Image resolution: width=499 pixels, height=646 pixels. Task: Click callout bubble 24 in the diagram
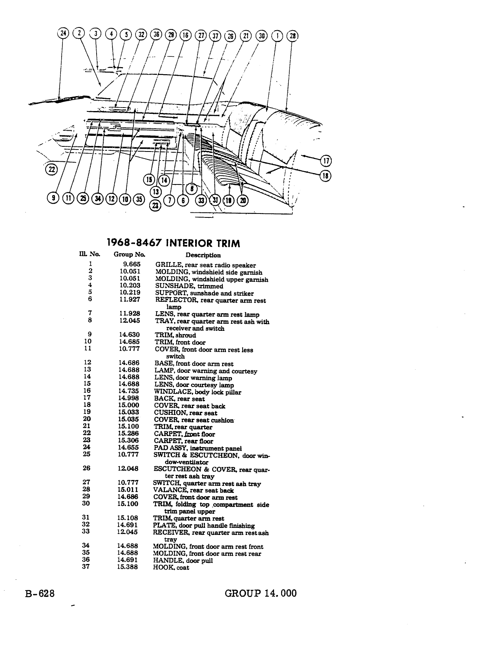pos(63,33)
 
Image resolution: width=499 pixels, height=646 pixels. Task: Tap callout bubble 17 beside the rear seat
pos(326,161)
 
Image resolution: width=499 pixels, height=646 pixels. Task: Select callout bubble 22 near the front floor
pos(51,170)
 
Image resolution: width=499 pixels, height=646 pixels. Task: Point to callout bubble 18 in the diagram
pos(325,176)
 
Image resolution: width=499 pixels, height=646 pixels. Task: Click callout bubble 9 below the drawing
pos(53,198)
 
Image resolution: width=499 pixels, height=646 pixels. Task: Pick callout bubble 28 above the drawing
pos(292,36)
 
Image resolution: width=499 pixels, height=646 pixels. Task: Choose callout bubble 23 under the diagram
pos(155,205)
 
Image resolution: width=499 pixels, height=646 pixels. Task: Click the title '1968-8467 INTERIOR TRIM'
pos(174,243)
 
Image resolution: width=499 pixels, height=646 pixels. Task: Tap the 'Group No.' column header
pos(129,254)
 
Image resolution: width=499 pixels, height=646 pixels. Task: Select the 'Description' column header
pos(203,255)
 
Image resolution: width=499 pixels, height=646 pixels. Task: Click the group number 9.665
pos(132,264)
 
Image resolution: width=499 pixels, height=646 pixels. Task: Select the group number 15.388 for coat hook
pos(127,567)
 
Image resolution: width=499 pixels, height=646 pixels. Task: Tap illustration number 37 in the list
pos(86,566)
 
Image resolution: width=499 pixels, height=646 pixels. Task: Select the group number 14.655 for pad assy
pos(128,447)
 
